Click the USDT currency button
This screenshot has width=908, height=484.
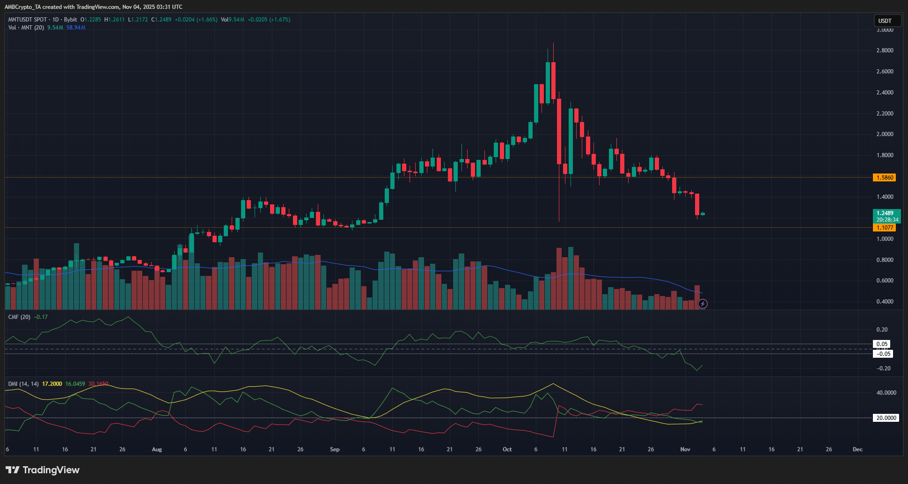click(887, 21)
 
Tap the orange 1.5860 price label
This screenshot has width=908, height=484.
click(885, 178)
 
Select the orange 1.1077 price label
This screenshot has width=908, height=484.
click(885, 228)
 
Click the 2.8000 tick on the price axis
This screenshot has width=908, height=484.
click(885, 51)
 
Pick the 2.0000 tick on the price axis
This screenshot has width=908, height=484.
click(885, 134)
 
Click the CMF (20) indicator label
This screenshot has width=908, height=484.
click(19, 317)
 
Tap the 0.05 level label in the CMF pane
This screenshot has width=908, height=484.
click(882, 344)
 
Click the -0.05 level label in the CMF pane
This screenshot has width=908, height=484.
click(883, 354)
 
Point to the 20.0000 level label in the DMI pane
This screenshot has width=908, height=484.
click(886, 418)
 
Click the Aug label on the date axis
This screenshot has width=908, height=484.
click(157, 449)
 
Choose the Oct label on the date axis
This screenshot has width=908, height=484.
click(507, 449)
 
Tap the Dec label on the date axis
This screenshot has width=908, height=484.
click(857, 449)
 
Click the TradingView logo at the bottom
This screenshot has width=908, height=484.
click(43, 470)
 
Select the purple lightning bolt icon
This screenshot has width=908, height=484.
click(703, 304)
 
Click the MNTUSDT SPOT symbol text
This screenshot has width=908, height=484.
click(28, 20)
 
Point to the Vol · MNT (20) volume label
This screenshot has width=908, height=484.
click(26, 28)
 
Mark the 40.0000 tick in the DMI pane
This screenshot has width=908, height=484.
click(886, 393)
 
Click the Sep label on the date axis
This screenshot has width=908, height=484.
click(335, 449)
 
